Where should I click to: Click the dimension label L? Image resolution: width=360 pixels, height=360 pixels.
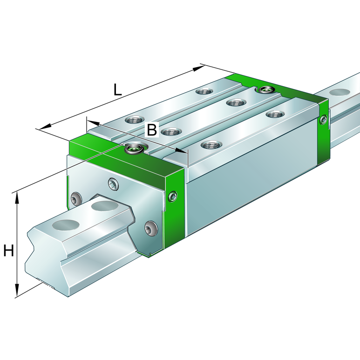(x=117, y=89)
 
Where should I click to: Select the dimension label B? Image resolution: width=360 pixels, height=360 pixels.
(x=152, y=130)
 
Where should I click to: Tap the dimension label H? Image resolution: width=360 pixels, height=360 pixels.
(x=8, y=251)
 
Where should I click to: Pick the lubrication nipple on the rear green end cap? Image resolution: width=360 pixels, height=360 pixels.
(x=266, y=89)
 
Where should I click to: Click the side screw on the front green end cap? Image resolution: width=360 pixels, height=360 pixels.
(x=173, y=197)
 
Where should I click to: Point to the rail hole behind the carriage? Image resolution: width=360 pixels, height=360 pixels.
(x=340, y=92)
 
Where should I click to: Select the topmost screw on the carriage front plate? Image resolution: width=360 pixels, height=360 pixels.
(x=113, y=184)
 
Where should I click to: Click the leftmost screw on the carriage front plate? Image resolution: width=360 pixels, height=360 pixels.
(x=77, y=201)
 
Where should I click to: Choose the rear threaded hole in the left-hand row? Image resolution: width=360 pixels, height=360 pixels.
(x=204, y=91)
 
